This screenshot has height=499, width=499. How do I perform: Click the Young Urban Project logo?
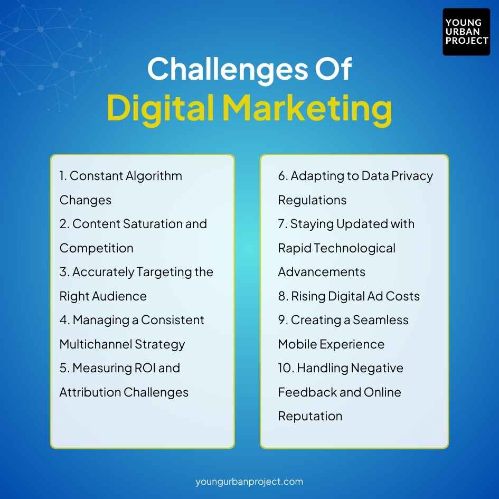(x=466, y=32)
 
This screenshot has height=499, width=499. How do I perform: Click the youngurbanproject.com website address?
(x=249, y=482)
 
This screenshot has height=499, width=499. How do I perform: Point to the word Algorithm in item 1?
(x=154, y=176)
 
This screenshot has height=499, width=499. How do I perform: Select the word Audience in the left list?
(x=120, y=296)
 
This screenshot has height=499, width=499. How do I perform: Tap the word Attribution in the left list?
(x=90, y=392)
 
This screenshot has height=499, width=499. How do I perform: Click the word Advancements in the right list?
(x=322, y=272)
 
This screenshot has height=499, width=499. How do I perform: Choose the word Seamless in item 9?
(x=381, y=320)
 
